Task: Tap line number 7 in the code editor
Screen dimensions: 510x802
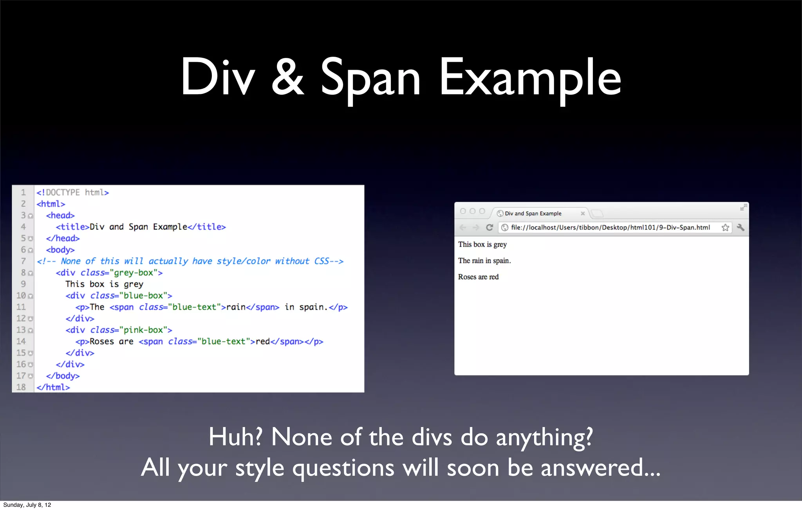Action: click(23, 261)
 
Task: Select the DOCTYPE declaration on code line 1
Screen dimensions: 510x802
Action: click(72, 192)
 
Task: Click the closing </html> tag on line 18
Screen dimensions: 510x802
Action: click(53, 387)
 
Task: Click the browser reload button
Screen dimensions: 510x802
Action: click(490, 227)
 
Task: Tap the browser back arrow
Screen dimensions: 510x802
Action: click(463, 227)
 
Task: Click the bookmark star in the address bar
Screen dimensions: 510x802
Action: click(725, 228)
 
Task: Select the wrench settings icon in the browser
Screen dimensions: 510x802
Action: click(741, 227)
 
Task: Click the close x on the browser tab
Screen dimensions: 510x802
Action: click(583, 214)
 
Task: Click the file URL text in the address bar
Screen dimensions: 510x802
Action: click(610, 228)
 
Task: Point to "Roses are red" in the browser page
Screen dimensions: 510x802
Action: click(478, 277)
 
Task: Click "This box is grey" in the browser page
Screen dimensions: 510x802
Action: click(482, 244)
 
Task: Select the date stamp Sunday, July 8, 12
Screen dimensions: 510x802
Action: click(27, 505)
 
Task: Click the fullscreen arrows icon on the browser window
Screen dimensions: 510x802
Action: click(743, 207)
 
